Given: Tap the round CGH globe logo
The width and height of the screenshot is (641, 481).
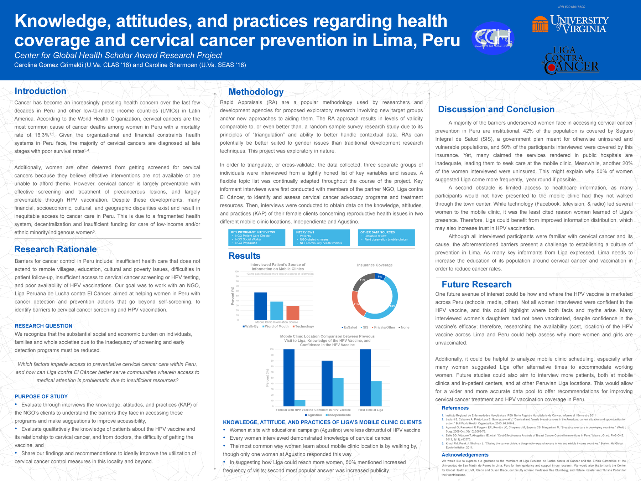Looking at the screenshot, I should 493,38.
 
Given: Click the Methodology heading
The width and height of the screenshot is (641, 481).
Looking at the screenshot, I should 256,92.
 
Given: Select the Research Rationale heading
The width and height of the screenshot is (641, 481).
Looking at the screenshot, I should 56,249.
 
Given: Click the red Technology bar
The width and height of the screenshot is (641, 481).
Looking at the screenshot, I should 293,313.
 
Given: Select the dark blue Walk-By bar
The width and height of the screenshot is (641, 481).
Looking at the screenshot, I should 261,306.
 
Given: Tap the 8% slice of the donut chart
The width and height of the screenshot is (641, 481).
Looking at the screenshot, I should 380,277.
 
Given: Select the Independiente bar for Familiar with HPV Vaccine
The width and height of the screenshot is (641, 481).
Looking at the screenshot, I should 300,403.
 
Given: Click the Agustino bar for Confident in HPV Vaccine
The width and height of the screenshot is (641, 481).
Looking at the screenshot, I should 327,383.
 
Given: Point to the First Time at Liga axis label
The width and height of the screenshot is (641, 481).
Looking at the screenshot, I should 370,410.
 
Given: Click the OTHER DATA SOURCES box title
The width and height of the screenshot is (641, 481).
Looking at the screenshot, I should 377,232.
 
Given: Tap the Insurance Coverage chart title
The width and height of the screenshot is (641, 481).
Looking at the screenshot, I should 375,265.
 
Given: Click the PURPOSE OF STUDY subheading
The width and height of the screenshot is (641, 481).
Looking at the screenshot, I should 41,397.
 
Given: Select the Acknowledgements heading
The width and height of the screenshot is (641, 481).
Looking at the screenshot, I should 465,455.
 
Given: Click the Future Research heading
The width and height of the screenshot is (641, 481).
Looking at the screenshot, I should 476,284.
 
